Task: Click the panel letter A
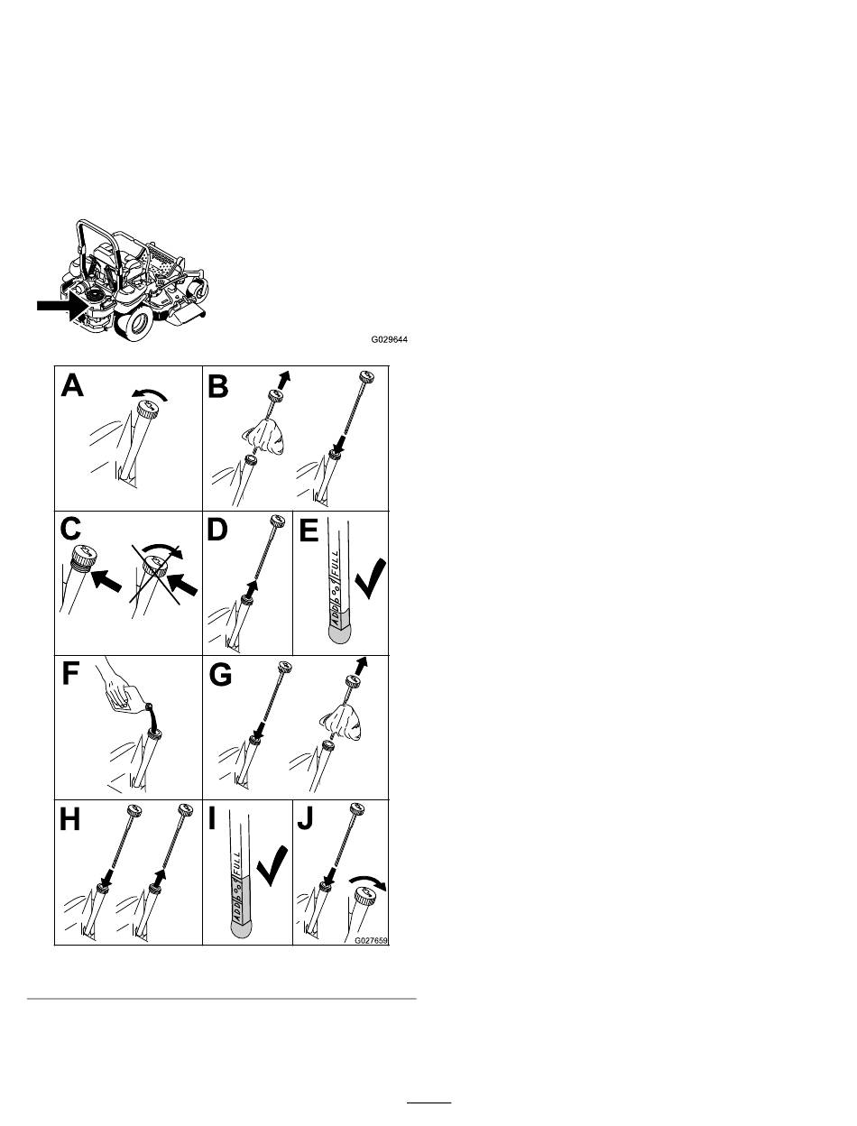point(71,386)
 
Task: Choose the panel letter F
point(71,676)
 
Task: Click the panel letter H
point(71,820)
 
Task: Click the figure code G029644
point(392,341)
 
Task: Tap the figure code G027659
point(370,939)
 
